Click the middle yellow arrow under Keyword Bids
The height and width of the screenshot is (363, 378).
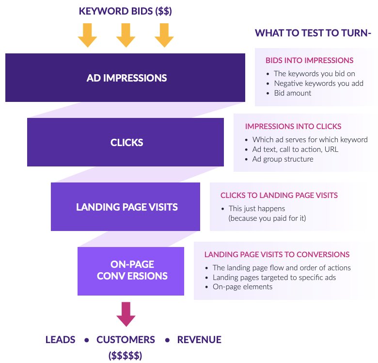pos(126,35)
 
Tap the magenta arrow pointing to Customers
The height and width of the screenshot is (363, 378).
pos(126,313)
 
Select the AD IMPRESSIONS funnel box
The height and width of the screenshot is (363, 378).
pos(126,78)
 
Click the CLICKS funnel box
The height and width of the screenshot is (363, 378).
pos(126,143)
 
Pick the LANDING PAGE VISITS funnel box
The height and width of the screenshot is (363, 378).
pos(126,207)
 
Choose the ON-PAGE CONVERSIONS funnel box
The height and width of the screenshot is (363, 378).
pos(131,271)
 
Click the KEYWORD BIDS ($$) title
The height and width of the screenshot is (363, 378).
pos(126,11)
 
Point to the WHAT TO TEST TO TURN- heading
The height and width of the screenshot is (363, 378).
pos(313,33)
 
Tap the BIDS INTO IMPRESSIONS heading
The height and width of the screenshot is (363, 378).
pos(309,61)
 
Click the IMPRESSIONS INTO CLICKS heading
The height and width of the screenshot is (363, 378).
pos(293,126)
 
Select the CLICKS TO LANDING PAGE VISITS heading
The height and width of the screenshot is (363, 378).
pos(279,195)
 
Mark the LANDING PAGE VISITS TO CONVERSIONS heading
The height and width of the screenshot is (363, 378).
pos(277,254)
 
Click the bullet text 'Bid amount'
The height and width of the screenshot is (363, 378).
pos(293,93)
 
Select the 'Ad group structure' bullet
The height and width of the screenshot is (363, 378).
pos(283,159)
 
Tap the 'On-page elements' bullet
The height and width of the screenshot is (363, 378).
pos(242,286)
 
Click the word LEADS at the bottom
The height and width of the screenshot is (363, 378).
pos(60,340)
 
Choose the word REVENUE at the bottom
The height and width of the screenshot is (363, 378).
pos(199,340)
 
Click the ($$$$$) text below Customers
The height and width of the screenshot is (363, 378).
pos(126,356)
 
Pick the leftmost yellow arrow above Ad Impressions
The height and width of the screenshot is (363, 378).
pos(88,35)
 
